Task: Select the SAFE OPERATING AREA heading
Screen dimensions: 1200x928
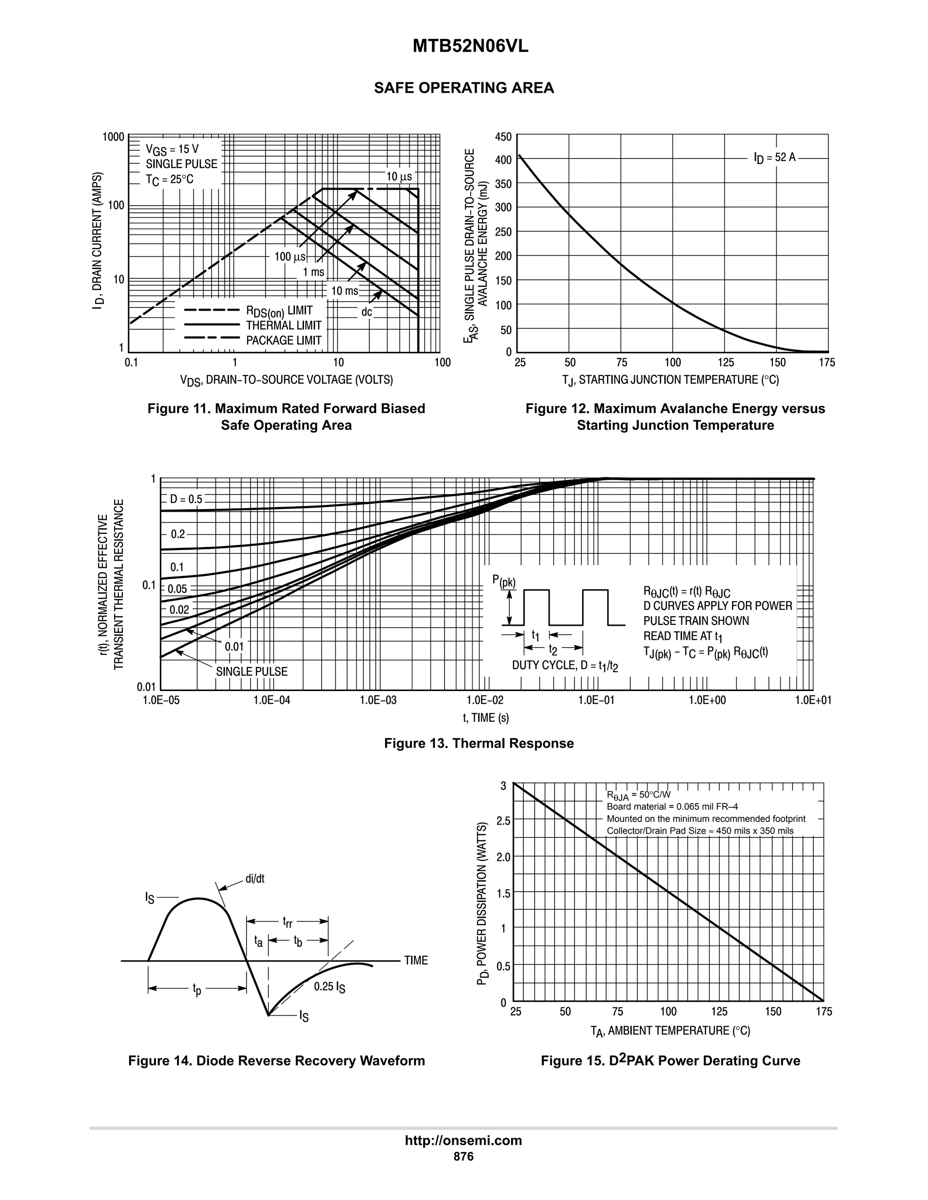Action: click(464, 88)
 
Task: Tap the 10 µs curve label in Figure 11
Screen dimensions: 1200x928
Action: click(399, 176)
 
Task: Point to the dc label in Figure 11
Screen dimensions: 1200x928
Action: click(367, 312)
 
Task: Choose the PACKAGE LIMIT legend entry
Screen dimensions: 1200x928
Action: click(283, 340)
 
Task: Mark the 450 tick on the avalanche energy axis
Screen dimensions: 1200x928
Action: click(503, 136)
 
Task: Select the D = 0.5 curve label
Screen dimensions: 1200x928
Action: click(186, 499)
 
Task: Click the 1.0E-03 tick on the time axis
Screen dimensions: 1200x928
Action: click(378, 700)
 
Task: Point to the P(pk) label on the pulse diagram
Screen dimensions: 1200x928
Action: click(503, 581)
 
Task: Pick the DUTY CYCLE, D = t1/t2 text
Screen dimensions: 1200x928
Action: click(565, 666)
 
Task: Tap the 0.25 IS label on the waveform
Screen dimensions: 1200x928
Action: click(329, 987)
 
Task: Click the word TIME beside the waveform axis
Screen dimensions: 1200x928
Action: click(416, 960)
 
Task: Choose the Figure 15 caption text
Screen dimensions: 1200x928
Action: click(670, 1061)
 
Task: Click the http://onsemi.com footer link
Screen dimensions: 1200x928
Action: click(464, 1141)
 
